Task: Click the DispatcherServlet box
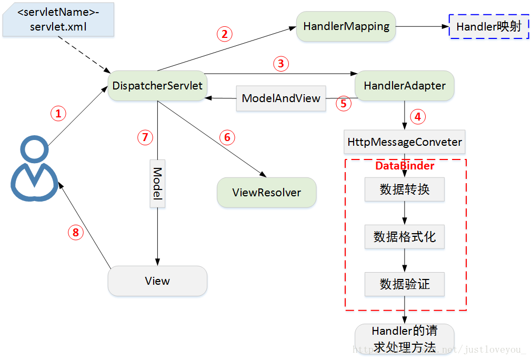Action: click(x=157, y=85)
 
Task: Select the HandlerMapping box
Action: click(x=346, y=26)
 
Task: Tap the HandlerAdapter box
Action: click(x=404, y=85)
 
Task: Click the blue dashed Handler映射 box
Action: click(x=488, y=26)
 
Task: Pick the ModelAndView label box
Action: click(x=281, y=98)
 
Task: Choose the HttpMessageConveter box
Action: click(x=405, y=142)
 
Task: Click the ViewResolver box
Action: click(x=267, y=192)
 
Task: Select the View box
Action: click(x=157, y=281)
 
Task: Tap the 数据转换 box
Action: click(x=405, y=189)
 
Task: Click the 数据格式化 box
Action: click(x=405, y=237)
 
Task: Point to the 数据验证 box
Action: click(x=405, y=284)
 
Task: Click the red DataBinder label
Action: click(x=405, y=166)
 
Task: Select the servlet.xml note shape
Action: click(x=58, y=19)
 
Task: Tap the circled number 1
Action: click(x=58, y=113)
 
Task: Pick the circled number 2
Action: click(x=225, y=34)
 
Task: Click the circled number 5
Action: click(x=344, y=103)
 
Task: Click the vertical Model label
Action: click(x=157, y=183)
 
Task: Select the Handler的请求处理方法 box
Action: click(x=404, y=339)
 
